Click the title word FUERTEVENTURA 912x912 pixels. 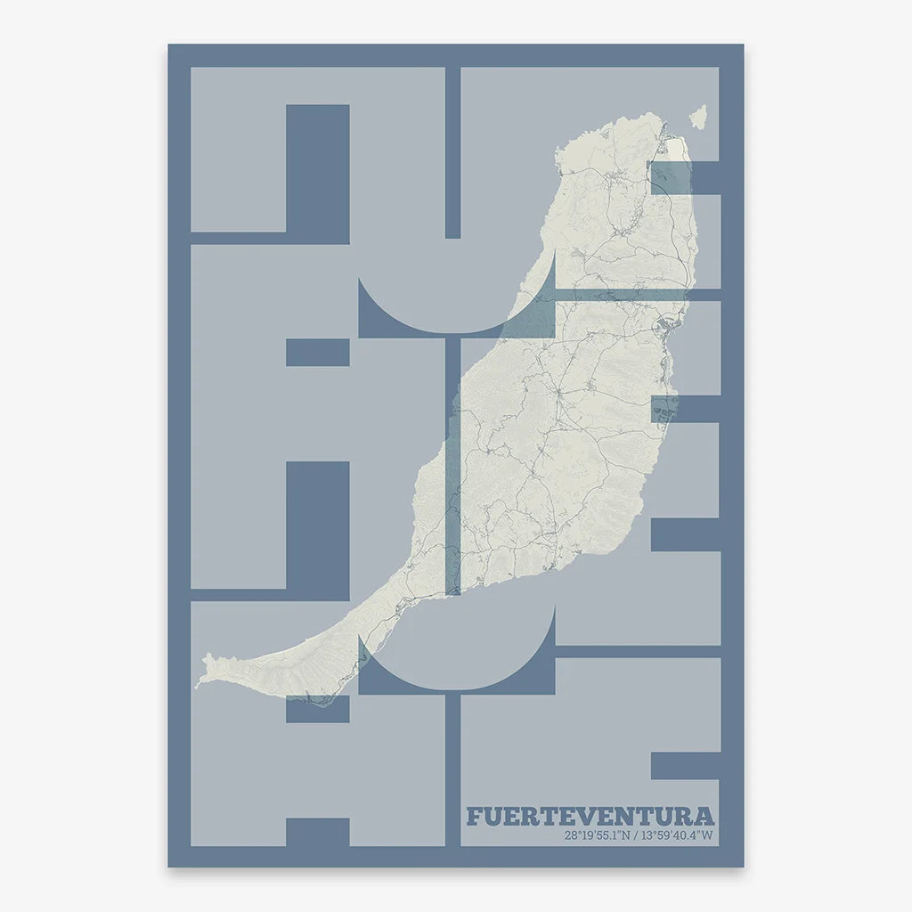(590, 817)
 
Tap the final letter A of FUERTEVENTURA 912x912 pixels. (704, 817)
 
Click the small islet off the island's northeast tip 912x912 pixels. (699, 116)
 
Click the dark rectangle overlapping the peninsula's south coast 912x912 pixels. (317, 709)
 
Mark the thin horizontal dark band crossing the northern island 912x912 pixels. (623, 294)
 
